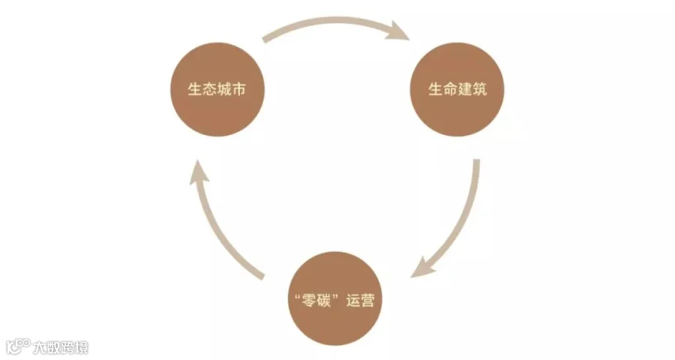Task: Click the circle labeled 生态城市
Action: pos(217,89)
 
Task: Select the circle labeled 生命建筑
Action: pos(457,89)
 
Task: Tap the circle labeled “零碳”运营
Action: pos(334,298)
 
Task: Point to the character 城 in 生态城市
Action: pos(224,89)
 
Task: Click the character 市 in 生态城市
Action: pos(239,89)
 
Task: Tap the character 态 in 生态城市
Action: pos(210,89)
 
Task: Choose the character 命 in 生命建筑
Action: pos(450,89)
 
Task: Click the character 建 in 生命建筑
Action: pos(465,89)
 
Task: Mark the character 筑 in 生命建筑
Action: pos(479,89)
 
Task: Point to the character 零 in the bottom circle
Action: pos(309,300)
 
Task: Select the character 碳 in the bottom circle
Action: pos(323,300)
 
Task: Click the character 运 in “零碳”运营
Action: pos(352,300)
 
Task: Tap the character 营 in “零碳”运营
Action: pos(367,300)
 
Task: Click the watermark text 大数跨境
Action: pos(61,347)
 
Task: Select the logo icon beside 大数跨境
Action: pos(18,346)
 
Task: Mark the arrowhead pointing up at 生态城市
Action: pos(199,172)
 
